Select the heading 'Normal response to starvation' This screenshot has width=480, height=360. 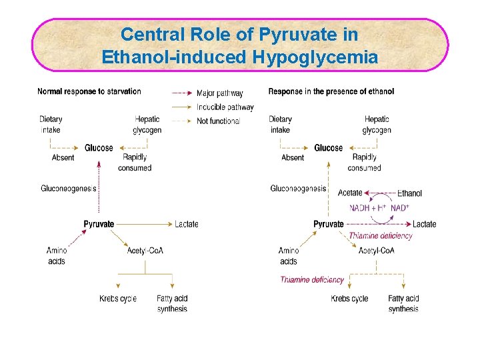(89, 91)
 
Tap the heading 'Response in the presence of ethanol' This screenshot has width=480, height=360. (331, 91)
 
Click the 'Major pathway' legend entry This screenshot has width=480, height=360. (219, 93)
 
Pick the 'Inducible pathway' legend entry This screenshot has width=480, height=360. (225, 107)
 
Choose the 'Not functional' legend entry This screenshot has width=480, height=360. (218, 121)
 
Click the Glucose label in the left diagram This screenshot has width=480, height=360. (99, 148)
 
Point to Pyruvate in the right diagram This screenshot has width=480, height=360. (329, 224)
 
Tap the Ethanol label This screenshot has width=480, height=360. (409, 193)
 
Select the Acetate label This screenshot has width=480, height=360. (350, 193)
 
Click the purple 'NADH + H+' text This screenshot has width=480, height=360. (368, 208)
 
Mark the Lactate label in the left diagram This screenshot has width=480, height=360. (187, 224)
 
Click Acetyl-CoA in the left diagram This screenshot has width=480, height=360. (145, 251)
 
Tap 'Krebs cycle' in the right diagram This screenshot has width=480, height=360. (349, 299)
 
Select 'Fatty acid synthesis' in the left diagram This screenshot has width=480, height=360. (172, 303)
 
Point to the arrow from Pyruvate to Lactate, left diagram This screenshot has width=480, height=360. (143, 224)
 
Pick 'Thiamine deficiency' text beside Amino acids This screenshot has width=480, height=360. (312, 280)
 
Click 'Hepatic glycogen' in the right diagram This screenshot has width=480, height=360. (377, 125)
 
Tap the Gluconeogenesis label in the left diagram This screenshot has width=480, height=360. (69, 189)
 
